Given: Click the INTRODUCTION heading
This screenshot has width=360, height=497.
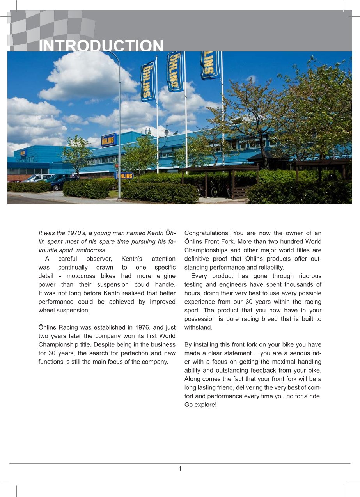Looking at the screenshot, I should pyautogui.click(x=101, y=46).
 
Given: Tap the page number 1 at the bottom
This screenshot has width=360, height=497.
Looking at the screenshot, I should pyautogui.click(x=180, y=469).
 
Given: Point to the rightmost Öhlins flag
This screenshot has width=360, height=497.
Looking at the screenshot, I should pyautogui.click(x=210, y=65).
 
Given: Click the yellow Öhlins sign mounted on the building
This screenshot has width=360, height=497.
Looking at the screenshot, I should pyautogui.click(x=108, y=140).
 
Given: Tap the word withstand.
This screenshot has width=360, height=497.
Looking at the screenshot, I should pyautogui.click(x=199, y=328).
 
